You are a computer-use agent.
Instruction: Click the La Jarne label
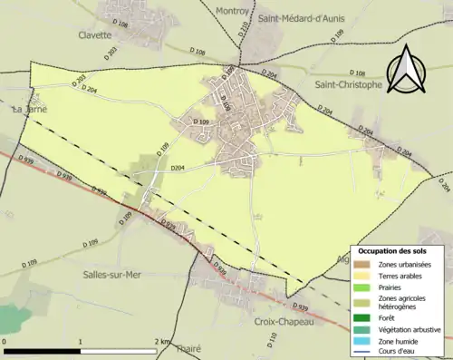point(29,110)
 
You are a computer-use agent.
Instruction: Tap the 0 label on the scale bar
point(5,341)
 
